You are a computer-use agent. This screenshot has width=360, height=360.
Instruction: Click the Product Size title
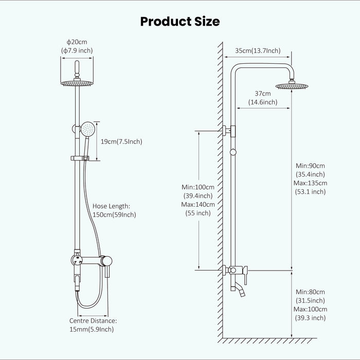180,21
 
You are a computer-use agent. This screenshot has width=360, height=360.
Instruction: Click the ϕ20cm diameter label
77,41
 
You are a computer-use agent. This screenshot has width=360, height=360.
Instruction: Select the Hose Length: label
112,206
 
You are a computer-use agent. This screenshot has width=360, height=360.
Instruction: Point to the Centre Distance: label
93,320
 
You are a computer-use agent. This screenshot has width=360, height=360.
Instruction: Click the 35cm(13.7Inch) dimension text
258,50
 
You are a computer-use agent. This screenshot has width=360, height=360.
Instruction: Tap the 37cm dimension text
263,94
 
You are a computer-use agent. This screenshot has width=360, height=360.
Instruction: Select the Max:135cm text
311,183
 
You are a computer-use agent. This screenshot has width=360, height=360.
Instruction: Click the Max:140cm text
199,204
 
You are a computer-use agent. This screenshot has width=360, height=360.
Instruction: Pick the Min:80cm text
311,292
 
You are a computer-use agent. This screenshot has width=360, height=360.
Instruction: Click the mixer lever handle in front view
108,267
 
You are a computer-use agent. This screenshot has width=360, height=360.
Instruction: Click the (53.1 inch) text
311,191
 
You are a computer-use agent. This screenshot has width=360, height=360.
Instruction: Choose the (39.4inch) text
199,195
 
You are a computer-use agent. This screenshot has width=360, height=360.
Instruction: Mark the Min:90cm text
311,165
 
